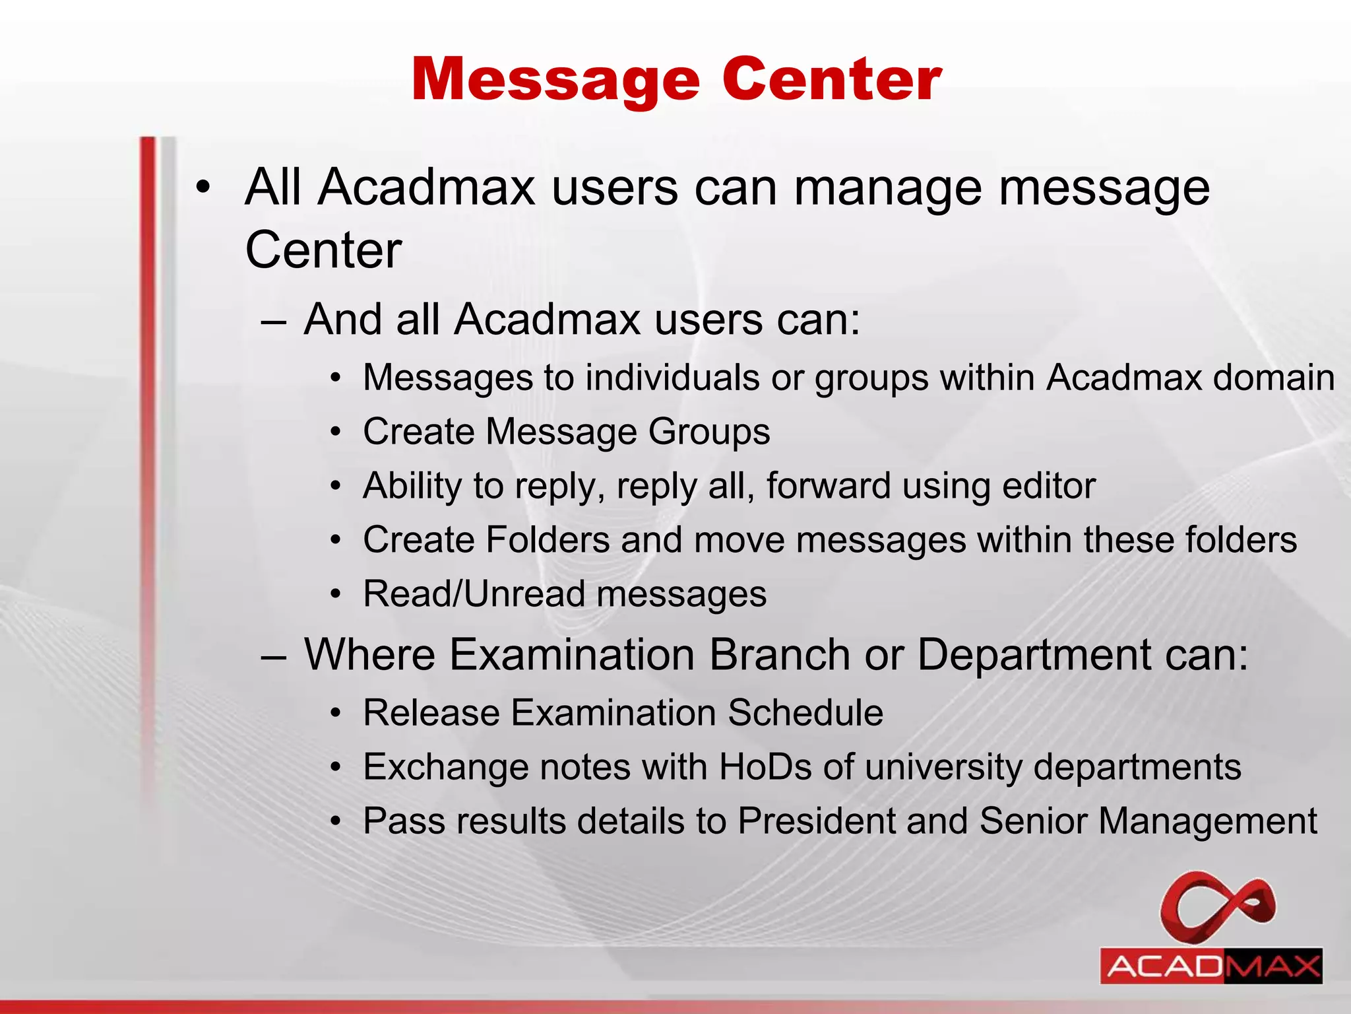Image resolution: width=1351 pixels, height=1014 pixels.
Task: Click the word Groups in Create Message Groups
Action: click(x=708, y=432)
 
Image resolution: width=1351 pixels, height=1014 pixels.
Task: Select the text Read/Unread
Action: click(x=474, y=593)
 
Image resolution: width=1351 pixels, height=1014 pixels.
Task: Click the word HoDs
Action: click(x=765, y=767)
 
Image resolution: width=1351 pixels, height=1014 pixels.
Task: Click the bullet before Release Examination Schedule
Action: click(x=336, y=714)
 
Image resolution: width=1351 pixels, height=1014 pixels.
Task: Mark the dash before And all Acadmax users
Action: click(x=273, y=321)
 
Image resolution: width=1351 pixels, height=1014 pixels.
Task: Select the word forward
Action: click(x=828, y=486)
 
